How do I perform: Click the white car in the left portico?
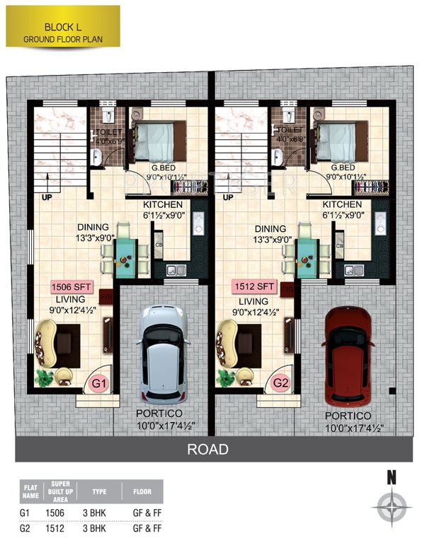163,351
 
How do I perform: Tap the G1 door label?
101,384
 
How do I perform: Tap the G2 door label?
282,384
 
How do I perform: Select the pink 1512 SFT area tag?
255,287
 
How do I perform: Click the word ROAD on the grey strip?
207,449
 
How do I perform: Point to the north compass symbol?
390,506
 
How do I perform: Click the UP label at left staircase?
50,197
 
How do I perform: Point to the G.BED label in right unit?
343,169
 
